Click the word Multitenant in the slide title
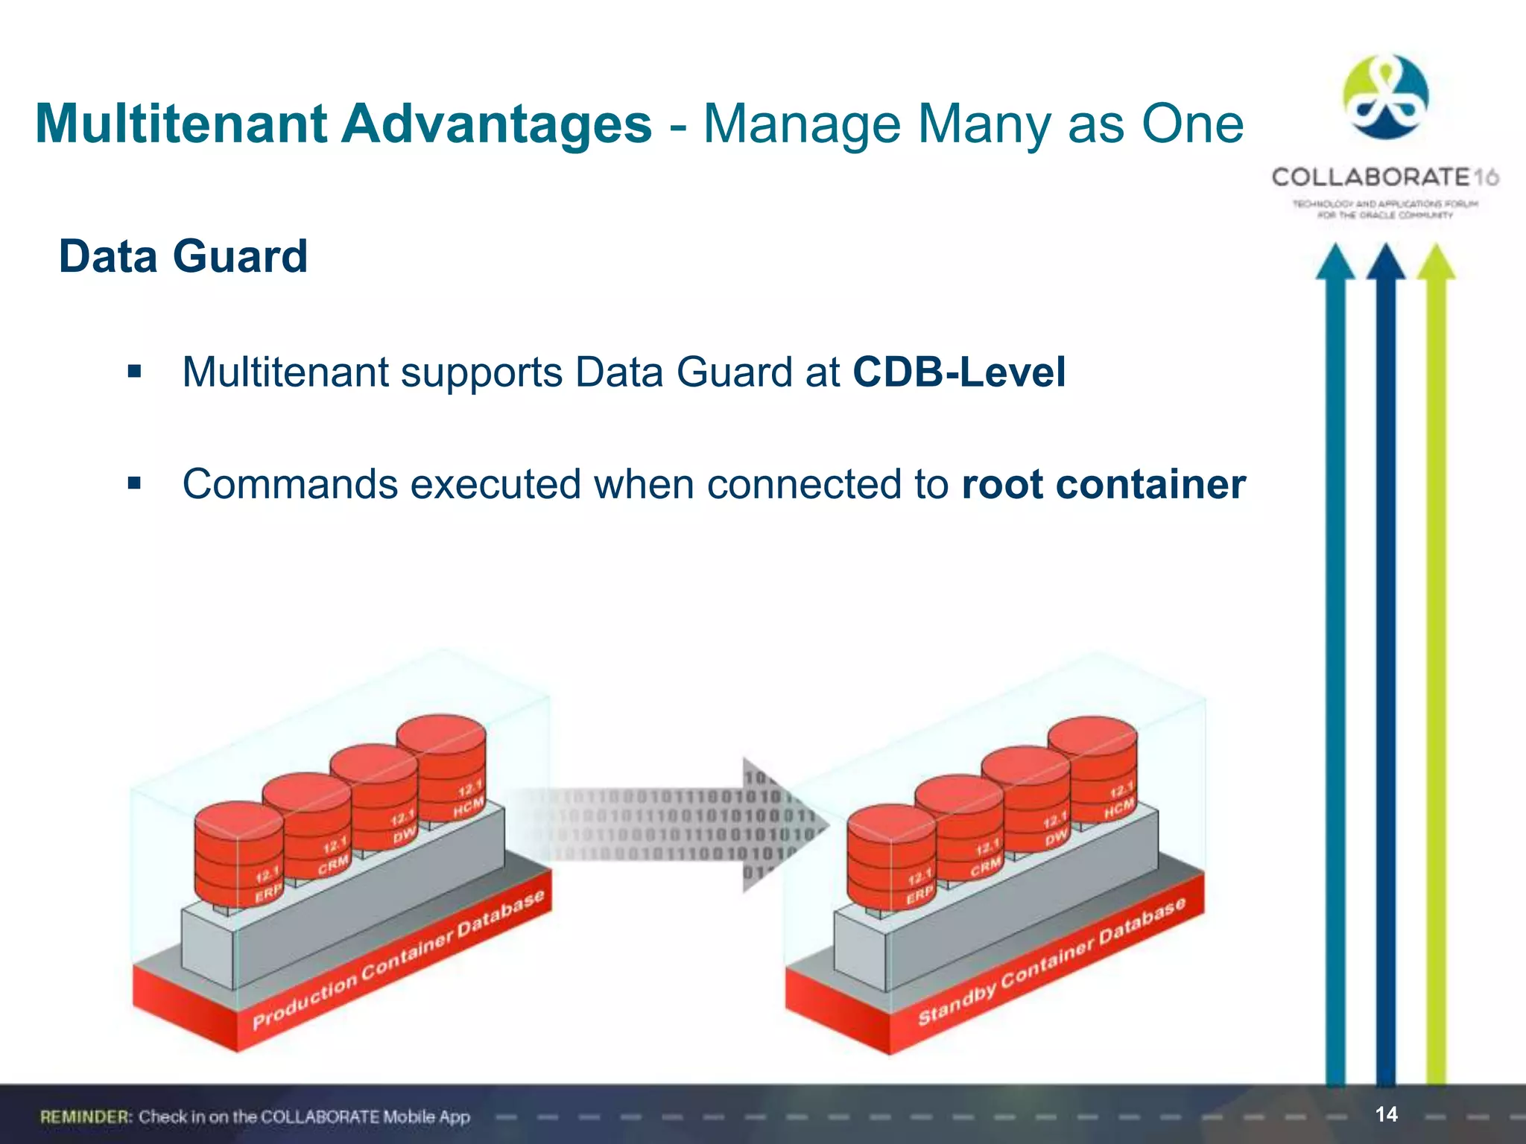click(x=180, y=124)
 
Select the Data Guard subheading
click(x=183, y=256)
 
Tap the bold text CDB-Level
click(x=958, y=372)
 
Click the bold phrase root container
click(x=1103, y=484)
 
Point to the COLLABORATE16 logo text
click(x=1384, y=177)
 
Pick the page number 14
click(x=1386, y=1114)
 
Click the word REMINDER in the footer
click(x=86, y=1116)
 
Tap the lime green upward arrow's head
click(x=1435, y=262)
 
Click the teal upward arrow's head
click(x=1335, y=262)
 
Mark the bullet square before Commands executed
click(x=134, y=484)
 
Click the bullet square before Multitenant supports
click(x=134, y=372)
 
